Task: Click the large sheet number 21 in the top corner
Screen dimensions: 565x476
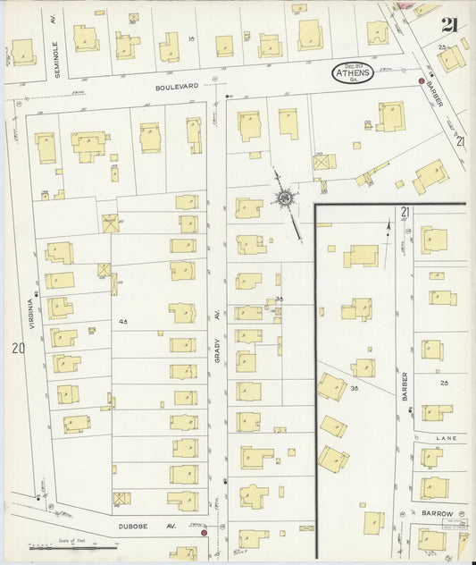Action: click(x=449, y=24)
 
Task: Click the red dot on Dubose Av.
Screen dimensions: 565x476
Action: click(x=205, y=533)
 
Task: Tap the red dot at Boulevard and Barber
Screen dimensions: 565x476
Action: click(x=422, y=80)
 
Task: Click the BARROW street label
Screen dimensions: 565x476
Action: click(x=438, y=514)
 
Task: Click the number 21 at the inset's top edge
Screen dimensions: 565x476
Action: click(x=405, y=212)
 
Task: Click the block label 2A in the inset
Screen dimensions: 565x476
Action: click(x=443, y=383)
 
